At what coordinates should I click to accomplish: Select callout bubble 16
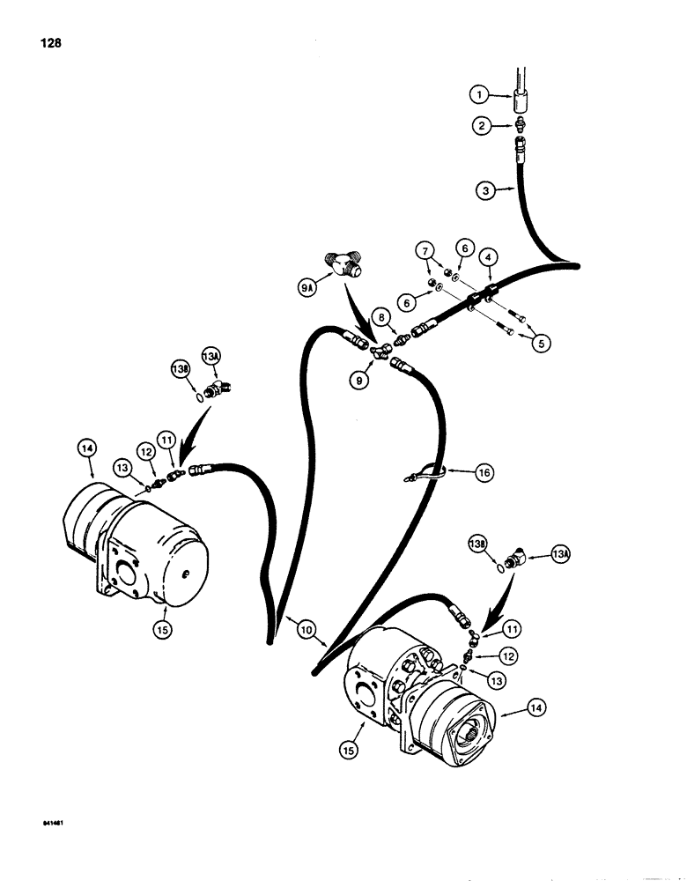(484, 473)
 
